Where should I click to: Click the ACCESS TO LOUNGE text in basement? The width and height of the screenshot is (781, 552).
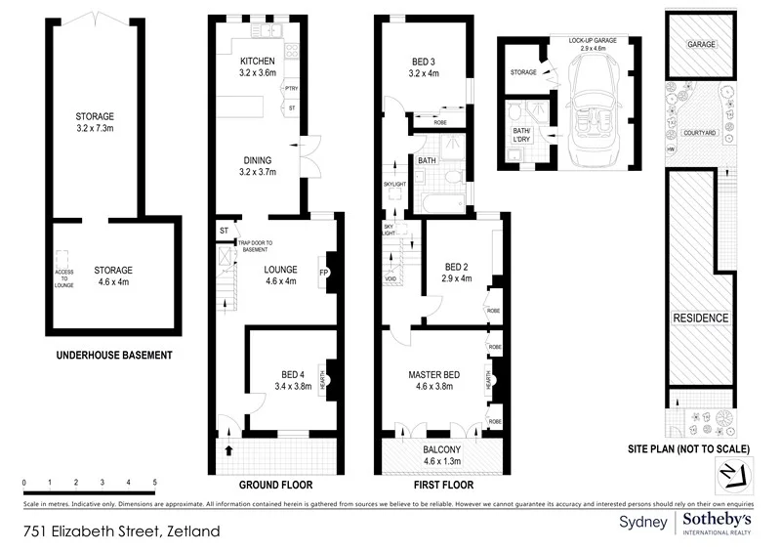[62, 278]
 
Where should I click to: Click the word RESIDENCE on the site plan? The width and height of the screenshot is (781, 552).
[701, 318]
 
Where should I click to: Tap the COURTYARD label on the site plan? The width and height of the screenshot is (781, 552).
[700, 132]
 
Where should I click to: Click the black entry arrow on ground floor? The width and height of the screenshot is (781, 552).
[229, 450]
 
